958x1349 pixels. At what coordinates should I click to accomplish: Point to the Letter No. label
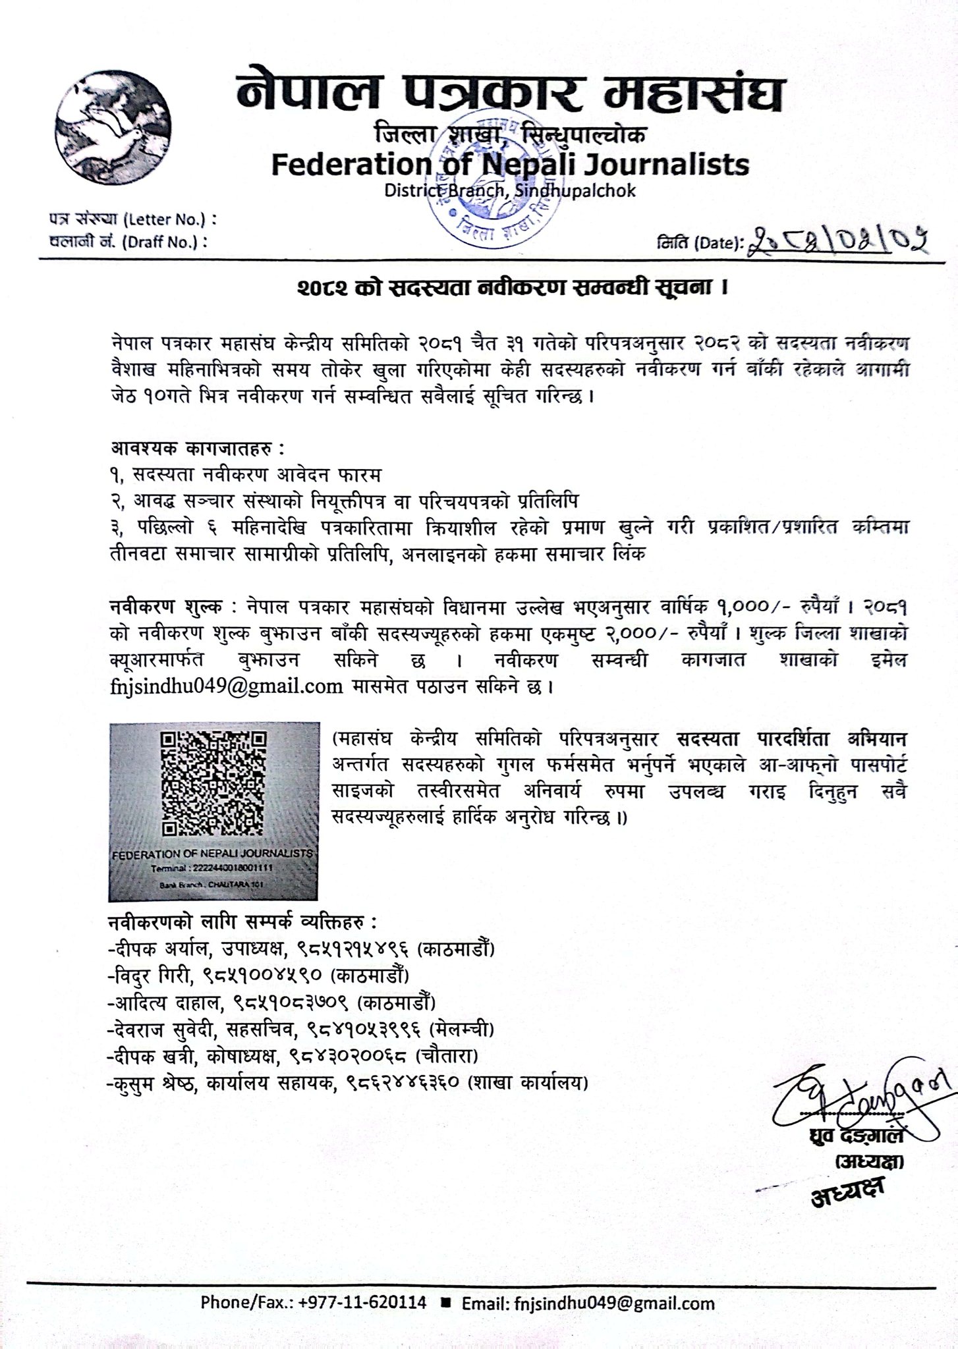click(x=132, y=217)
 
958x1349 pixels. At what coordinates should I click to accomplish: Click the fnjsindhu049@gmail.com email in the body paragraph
click(x=226, y=687)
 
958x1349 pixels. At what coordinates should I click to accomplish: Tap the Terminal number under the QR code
click(x=211, y=869)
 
